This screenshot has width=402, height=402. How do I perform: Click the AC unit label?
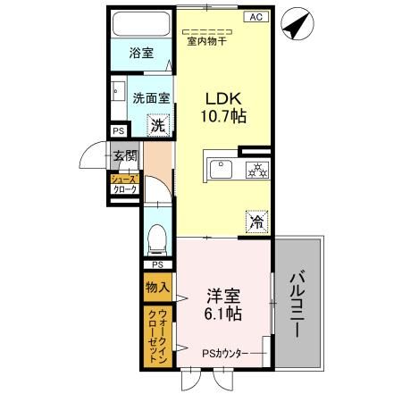tap(255, 17)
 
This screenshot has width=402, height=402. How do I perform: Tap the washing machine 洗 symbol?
tap(158, 126)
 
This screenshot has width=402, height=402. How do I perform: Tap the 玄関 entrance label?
tap(124, 156)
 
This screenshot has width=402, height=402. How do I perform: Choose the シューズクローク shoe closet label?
tap(122, 185)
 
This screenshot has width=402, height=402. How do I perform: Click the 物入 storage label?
tap(157, 288)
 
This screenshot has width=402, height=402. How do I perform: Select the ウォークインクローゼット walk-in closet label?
tap(157, 337)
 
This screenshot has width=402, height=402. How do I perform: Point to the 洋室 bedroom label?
tap(222, 296)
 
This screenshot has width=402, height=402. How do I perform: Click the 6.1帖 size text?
tap(222, 314)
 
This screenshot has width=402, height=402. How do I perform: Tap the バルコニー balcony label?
tap(297, 305)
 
